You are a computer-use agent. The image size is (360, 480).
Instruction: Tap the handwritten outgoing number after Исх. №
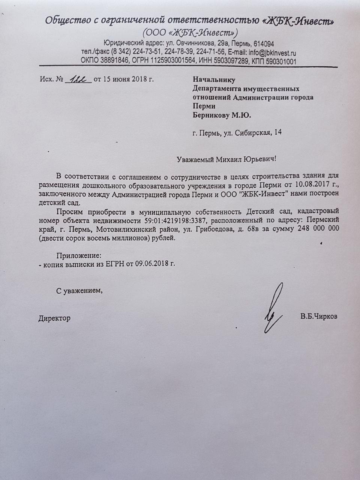(x=78, y=79)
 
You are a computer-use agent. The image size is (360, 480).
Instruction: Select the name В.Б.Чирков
(x=318, y=316)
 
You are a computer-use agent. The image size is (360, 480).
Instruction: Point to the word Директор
(x=54, y=318)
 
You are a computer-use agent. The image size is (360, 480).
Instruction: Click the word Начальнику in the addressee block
(x=213, y=79)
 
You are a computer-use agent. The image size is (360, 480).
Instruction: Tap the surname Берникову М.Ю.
(x=222, y=115)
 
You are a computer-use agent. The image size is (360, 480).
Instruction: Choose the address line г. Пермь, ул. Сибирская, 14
(x=237, y=132)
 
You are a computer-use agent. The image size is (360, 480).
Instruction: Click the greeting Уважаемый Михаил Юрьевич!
(x=228, y=159)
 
